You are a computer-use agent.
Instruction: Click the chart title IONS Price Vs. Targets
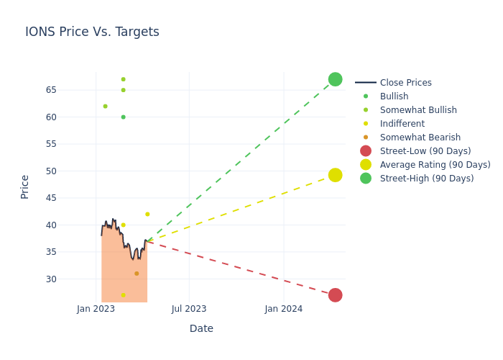point(92,32)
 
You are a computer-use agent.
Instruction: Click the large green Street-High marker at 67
point(335,79)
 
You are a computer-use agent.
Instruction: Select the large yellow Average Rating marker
point(335,175)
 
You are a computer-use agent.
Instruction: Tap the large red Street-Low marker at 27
point(335,295)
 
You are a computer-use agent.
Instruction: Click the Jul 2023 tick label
point(189,309)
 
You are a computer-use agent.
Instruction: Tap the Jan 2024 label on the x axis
point(283,309)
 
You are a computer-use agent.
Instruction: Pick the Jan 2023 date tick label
point(96,309)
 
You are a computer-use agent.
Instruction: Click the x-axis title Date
point(201,329)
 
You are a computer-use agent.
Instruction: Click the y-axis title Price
point(25,186)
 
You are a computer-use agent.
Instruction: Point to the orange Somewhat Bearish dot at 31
point(137,274)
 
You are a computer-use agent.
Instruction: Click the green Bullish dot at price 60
point(123,117)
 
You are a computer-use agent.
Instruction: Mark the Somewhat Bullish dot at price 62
point(105,107)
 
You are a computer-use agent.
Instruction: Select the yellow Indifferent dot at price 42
point(147,214)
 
